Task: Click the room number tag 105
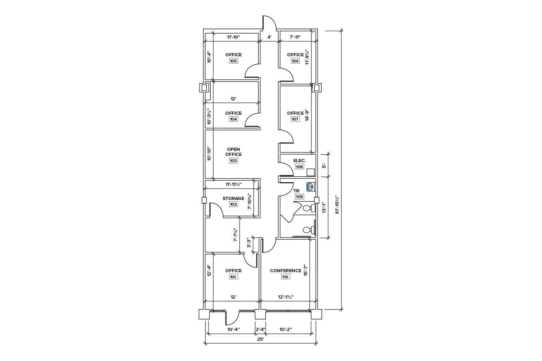233,61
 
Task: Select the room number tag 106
295,61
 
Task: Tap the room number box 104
233,119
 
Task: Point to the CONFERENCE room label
285,270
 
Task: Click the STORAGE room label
233,198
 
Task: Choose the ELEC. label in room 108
300,161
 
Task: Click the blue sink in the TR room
311,187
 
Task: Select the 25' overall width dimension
261,339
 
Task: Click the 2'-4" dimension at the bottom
261,329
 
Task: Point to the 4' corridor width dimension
269,37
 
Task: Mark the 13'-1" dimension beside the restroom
324,208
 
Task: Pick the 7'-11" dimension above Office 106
295,37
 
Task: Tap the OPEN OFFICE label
233,152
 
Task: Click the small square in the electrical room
310,173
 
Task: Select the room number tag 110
285,277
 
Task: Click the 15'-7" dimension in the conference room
306,270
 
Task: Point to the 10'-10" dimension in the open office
209,154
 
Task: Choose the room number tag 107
295,119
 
